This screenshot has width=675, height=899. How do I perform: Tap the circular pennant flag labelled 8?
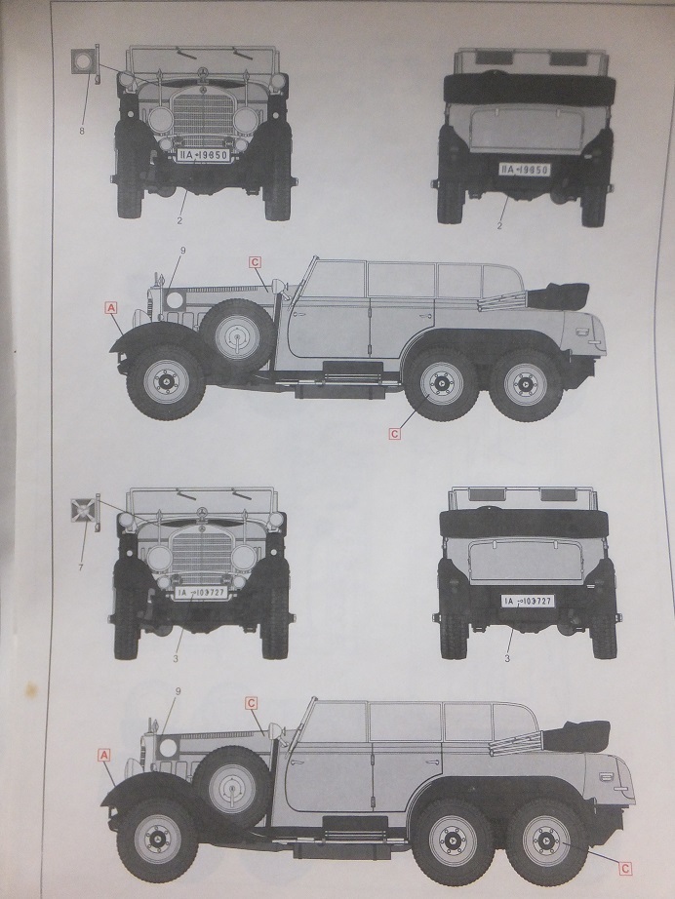click(x=83, y=63)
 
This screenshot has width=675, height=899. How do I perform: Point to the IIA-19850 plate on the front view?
click(x=203, y=154)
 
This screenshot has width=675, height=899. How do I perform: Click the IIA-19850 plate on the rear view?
click(x=524, y=169)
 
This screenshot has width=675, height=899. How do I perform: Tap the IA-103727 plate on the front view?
click(x=202, y=593)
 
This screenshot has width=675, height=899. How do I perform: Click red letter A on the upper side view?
click(x=110, y=307)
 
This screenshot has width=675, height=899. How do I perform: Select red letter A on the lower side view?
click(x=102, y=754)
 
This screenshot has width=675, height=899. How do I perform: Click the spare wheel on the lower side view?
click(x=229, y=783)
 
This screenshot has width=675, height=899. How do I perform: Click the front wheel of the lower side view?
click(x=158, y=839)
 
